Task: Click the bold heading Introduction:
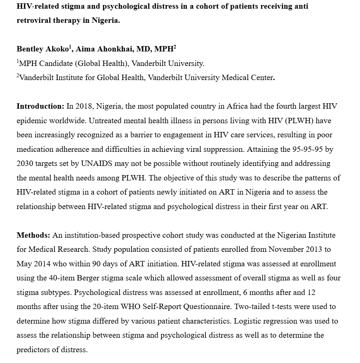click(x=40, y=106)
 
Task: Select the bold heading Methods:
click(x=33, y=235)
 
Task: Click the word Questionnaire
click(x=213, y=307)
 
